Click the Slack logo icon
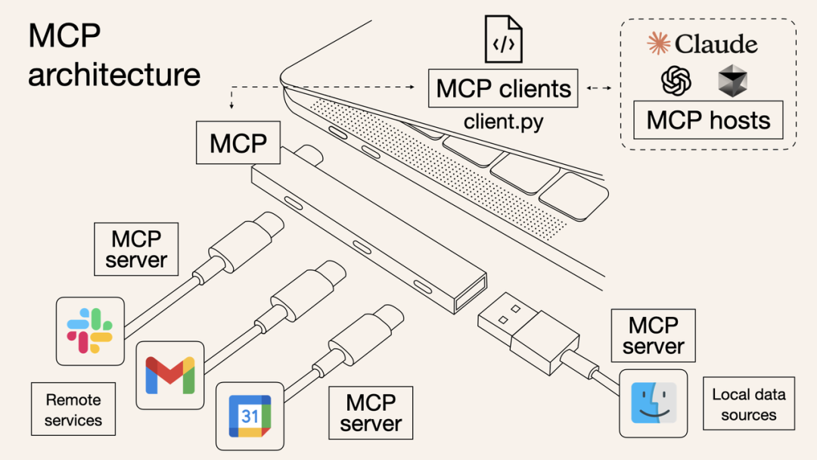pos(90,331)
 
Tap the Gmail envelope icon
pos(169,375)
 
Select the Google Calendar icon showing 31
pos(250,416)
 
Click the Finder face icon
pos(653,403)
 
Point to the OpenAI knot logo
pos(676,80)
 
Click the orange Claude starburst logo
pos(659,44)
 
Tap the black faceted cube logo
pos(732,80)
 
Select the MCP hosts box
pos(708,121)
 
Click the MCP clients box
pos(503,89)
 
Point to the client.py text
pos(503,121)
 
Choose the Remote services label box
pos(73,409)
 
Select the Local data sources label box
pos(748,404)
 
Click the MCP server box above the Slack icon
pos(136,249)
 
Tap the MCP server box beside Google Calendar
pos(371,412)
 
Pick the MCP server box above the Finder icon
pos(653,335)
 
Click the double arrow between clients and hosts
pos(599,89)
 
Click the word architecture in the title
pos(114,74)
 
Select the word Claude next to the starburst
pos(716,44)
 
